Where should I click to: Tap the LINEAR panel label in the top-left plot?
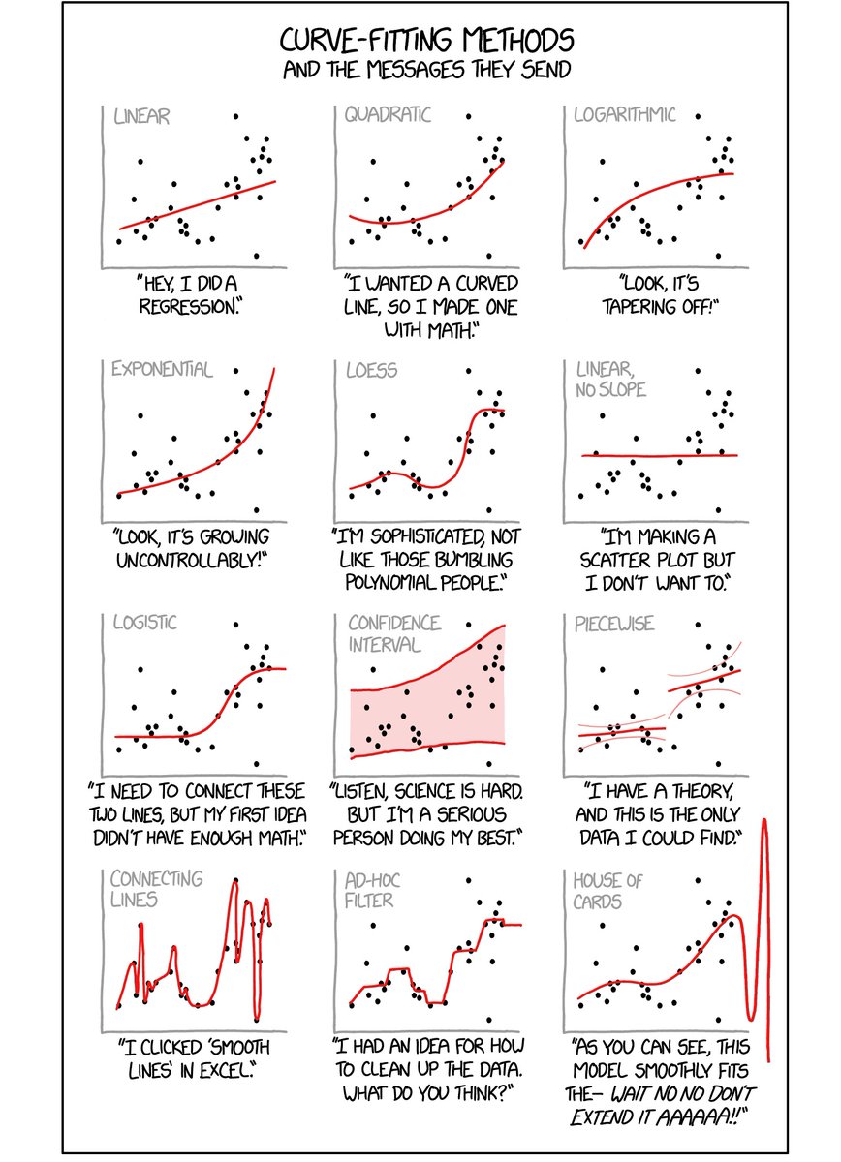click(x=141, y=117)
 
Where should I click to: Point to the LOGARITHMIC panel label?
click(x=626, y=115)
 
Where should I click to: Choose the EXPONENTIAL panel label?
click(x=161, y=369)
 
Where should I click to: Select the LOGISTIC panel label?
click(x=144, y=622)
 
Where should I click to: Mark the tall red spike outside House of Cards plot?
click(x=765, y=930)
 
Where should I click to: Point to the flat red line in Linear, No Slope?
click(x=659, y=455)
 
